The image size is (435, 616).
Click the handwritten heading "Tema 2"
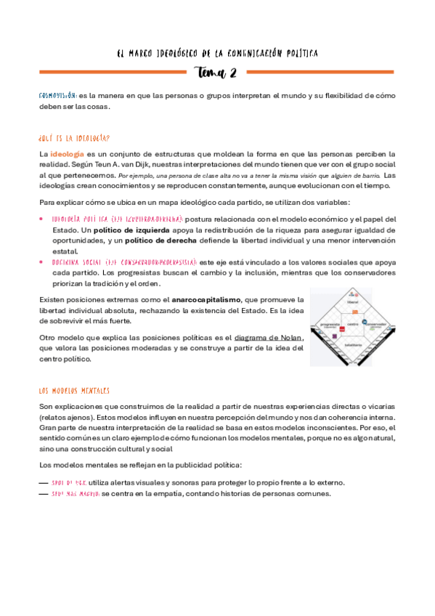coord(218,72)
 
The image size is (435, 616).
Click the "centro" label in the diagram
coord(353,323)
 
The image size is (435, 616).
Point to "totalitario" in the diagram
coord(353,345)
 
